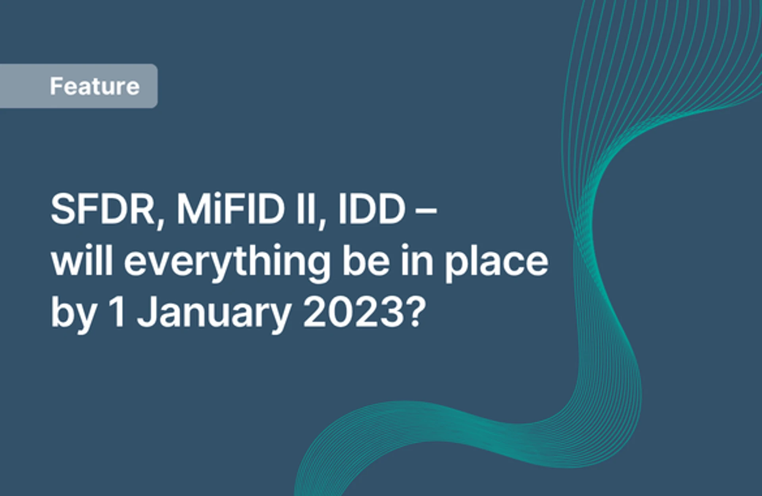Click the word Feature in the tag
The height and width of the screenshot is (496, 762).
95,86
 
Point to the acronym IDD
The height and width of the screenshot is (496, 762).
372,209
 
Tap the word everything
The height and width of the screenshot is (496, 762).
227,263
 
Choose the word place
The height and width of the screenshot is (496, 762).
496,263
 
